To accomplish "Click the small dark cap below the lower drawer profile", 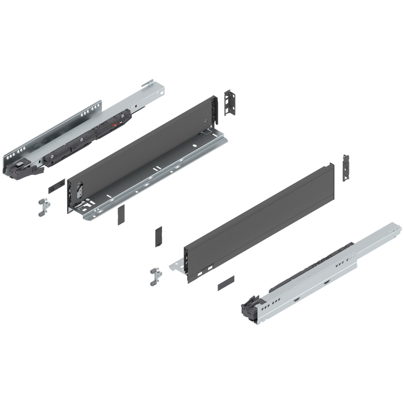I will tap(226, 282).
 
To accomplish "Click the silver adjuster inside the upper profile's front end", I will tap(80, 191).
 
